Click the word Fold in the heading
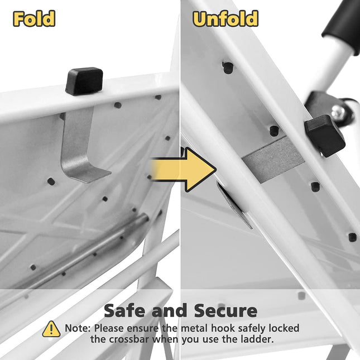34,18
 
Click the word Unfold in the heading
225,18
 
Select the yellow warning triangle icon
51,329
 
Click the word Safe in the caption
126,310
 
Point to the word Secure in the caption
225,310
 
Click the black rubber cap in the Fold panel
84,81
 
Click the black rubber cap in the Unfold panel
325,136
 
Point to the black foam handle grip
342,26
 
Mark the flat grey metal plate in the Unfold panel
273,159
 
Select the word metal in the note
195,328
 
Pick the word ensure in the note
142,329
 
